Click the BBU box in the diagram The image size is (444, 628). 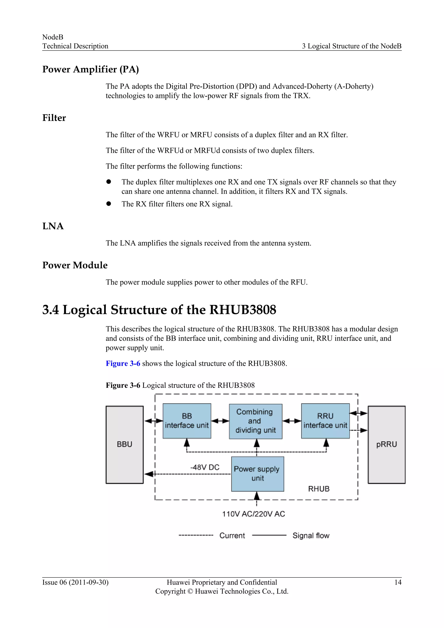click(124, 445)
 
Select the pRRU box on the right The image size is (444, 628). click(386, 445)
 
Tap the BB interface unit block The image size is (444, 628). click(187, 421)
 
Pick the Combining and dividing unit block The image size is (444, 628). click(256, 421)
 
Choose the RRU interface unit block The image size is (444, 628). click(325, 421)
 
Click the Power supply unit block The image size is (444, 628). click(257, 474)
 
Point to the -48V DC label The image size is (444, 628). click(205, 467)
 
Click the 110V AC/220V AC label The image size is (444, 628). click(253, 514)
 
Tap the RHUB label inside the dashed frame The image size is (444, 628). click(319, 489)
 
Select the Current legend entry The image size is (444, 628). click(232, 536)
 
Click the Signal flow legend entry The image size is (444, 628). click(311, 536)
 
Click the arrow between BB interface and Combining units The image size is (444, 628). click(220, 421)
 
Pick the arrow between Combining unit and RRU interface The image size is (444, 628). click(292, 421)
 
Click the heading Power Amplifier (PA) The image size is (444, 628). click(90, 69)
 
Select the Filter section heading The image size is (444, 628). click(54, 118)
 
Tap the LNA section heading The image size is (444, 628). click(53, 226)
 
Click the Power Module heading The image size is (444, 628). click(75, 265)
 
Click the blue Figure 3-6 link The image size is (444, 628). click(123, 363)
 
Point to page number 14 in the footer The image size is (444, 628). click(398, 582)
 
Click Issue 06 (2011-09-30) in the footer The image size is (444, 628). click(75, 582)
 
